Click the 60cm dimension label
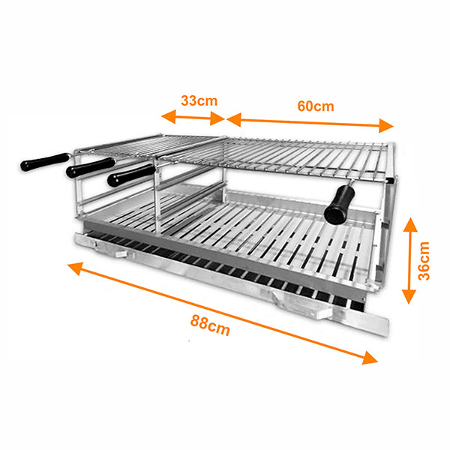pos(315,106)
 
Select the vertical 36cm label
pos(424,259)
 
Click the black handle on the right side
pos(339,202)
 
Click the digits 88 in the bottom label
pos(199,323)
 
